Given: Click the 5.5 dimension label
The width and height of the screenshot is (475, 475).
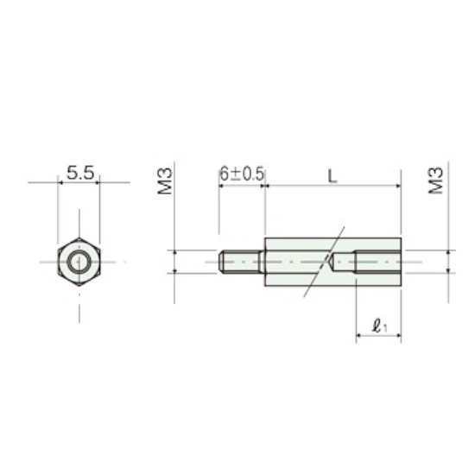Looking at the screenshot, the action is point(80,173).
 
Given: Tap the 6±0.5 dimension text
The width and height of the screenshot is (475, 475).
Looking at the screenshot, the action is point(242,174).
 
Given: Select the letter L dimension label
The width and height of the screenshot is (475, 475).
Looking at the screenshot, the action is point(332,176).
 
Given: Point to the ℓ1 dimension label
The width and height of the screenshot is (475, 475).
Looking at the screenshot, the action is point(379,326).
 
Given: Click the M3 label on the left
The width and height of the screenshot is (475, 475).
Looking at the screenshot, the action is point(165,181).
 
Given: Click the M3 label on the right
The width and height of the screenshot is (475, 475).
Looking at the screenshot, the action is point(436,180).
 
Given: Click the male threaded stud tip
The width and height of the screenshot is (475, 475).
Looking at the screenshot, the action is point(221,262).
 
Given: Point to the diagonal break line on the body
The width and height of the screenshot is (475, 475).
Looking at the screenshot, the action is point(324,262).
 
